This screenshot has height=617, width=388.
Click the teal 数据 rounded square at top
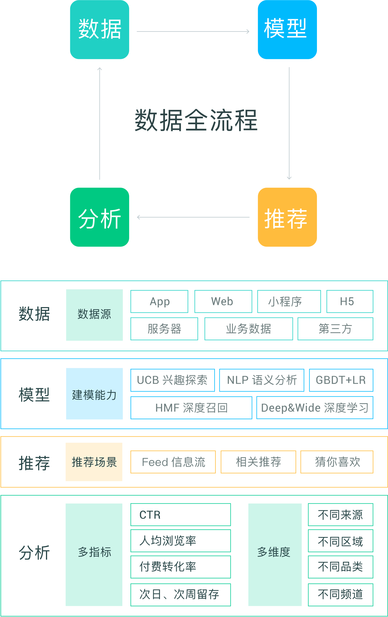point(100,30)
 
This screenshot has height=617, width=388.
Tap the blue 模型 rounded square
point(287,30)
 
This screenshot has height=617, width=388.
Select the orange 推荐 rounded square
point(287,217)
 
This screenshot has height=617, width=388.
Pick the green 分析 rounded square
point(100,217)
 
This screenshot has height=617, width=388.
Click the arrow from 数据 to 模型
point(193,31)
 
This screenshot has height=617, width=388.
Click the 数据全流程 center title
point(196,121)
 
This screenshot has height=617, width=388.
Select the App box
point(159,301)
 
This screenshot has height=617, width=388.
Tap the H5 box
point(350,301)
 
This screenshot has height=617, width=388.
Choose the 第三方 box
point(335,329)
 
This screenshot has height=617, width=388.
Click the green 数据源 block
point(94,315)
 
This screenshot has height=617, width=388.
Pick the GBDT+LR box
point(341,380)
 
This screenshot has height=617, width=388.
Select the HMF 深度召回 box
point(191,408)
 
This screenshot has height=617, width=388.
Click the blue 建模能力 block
point(94,394)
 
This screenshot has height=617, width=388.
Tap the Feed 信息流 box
point(173,462)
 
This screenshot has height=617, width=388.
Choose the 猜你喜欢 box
point(337,462)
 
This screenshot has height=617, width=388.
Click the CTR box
point(180,515)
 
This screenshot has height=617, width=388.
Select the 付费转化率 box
point(180,567)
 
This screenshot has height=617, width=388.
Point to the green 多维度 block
point(275,554)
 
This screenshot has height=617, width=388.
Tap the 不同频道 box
point(340,595)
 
